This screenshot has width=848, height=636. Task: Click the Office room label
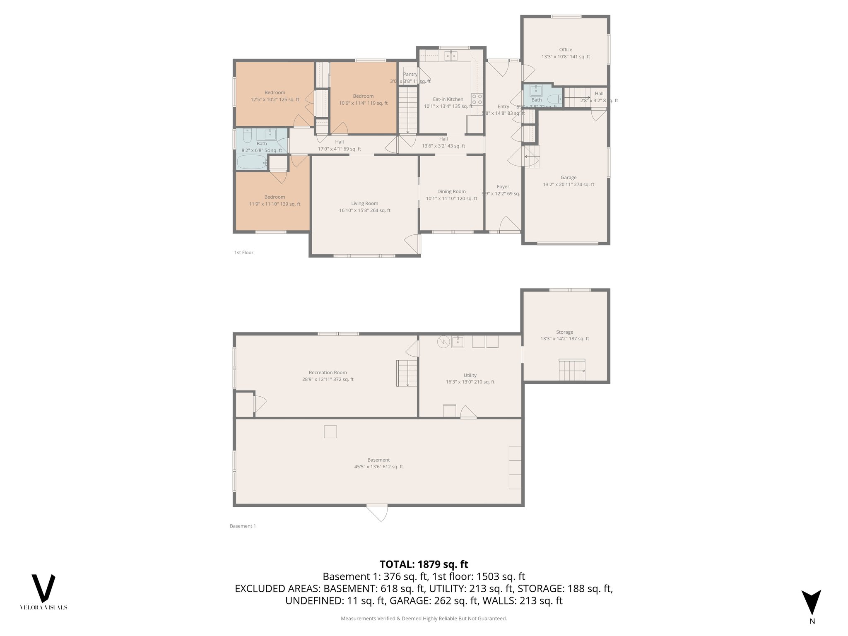(566, 50)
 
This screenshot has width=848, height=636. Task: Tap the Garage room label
(569, 178)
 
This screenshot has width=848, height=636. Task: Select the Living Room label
(364, 203)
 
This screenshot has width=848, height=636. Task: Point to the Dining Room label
(451, 191)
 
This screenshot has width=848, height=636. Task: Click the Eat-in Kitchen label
(448, 99)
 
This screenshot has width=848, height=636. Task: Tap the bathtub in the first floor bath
(252, 162)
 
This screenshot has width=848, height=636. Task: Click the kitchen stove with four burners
(477, 99)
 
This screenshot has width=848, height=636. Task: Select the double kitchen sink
(451, 56)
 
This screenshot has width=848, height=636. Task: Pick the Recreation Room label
(328, 372)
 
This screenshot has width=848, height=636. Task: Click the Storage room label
(564, 332)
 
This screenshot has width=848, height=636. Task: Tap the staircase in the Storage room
(572, 370)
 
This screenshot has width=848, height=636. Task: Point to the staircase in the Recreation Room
(407, 373)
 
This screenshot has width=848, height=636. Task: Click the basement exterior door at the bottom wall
(377, 513)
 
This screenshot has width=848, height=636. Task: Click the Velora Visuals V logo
(43, 588)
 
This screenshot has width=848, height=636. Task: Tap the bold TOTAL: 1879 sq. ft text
(424, 564)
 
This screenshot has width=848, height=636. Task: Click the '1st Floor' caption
(243, 253)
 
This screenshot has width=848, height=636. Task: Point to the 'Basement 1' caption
(243, 526)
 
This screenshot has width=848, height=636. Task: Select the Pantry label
(410, 75)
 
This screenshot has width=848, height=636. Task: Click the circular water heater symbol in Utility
(443, 342)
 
